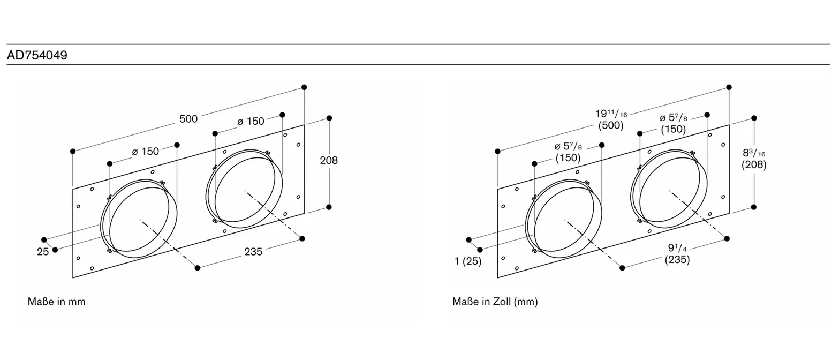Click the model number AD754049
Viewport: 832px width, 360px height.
pos(37,55)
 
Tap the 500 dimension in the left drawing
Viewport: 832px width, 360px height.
pos(188,119)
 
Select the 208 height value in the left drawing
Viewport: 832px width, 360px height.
pos(329,160)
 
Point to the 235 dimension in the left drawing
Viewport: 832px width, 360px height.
pos(253,251)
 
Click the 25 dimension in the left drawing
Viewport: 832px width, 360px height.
pos(43,251)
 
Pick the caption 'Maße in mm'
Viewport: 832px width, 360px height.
pos(56,301)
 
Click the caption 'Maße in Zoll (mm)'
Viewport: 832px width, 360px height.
pos(495,301)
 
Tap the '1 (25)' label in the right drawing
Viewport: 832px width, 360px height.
pos(467,261)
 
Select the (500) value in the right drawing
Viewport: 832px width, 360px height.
pos(611,125)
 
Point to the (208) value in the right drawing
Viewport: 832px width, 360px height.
pos(754,164)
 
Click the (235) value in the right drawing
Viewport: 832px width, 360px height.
pos(677,259)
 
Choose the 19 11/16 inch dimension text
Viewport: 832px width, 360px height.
pos(611,114)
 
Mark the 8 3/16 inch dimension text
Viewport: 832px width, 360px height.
pos(754,153)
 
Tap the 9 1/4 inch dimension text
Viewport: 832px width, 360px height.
pos(677,247)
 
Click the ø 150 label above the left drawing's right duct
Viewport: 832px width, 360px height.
pos(251,121)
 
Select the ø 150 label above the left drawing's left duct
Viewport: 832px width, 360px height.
pos(145,151)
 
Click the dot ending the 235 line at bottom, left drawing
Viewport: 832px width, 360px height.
pos(198,268)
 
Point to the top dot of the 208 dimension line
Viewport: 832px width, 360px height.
pos(329,118)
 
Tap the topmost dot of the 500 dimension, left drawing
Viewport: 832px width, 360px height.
pos(304,87)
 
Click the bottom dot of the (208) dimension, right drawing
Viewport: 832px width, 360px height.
pos(754,207)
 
